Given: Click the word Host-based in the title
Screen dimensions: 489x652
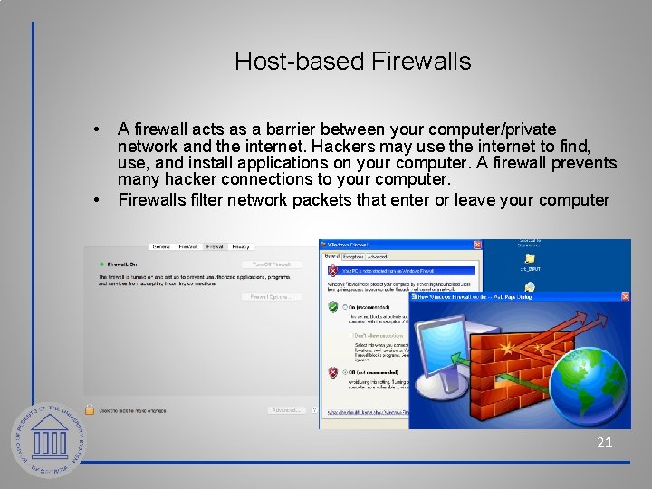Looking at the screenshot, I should coord(288,62).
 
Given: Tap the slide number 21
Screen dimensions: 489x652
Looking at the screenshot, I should coord(604,443).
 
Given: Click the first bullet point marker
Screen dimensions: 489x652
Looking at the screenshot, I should coord(98,130).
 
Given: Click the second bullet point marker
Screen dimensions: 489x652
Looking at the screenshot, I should coord(98,199).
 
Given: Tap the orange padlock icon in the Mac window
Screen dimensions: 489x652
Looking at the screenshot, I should coord(90,410).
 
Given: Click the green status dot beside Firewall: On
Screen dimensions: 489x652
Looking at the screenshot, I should coord(101,264).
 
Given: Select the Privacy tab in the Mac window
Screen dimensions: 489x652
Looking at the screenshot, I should coord(241,246).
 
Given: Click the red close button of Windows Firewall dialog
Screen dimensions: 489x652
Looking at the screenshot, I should coord(475,244).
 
